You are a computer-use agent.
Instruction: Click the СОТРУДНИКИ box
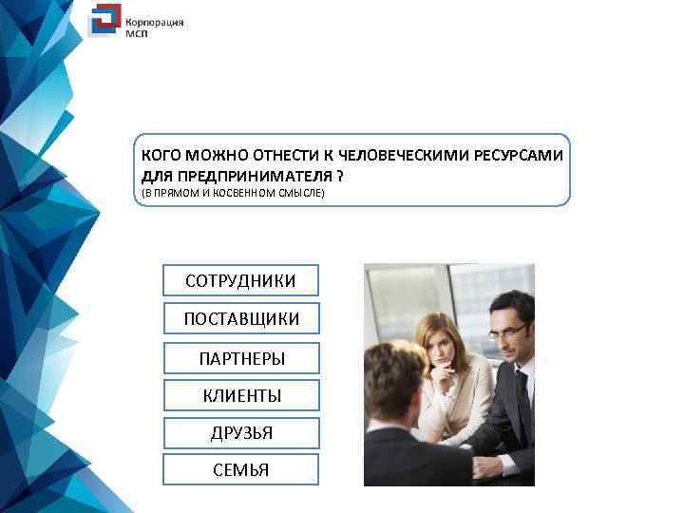(x=240, y=281)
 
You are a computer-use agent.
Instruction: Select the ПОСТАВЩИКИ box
(x=240, y=319)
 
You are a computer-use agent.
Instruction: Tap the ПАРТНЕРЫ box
(x=240, y=358)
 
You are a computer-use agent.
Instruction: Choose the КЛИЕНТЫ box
(x=240, y=395)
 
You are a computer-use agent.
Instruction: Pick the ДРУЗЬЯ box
(x=240, y=432)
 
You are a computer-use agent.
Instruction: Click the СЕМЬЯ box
(x=240, y=469)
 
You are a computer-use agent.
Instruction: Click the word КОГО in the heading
(x=161, y=155)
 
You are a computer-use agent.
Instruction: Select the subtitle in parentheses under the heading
(x=233, y=194)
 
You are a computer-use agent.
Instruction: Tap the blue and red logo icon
(x=104, y=21)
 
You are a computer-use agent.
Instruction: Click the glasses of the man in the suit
(x=508, y=331)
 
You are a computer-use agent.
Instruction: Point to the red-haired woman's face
(x=439, y=349)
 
